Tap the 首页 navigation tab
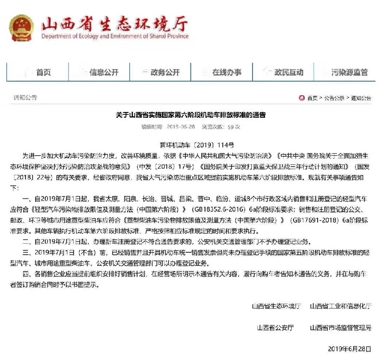pyautogui.click(x=43, y=73)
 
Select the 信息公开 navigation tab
pyautogui.click(x=103, y=73)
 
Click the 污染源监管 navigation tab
pyautogui.click(x=350, y=73)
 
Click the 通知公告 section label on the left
pyautogui.click(x=26, y=98)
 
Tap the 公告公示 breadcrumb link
pyautogui.click(x=334, y=98)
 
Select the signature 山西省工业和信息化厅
pyautogui.click(x=340, y=306)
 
